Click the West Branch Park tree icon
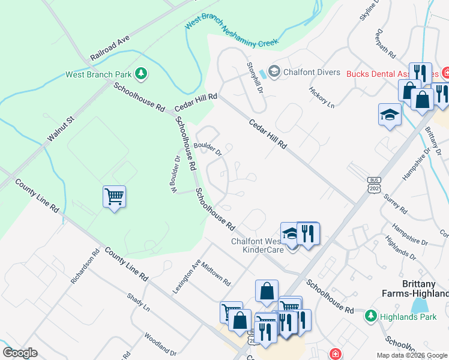click(141, 74)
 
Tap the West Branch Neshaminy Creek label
click(232, 32)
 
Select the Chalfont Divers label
click(312, 72)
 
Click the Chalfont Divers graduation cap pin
click(274, 72)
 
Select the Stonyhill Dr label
click(255, 77)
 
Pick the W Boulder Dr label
click(175, 175)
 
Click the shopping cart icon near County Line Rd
click(114, 196)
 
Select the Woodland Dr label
click(160, 344)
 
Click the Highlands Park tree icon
click(370, 315)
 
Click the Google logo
click(20, 353)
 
